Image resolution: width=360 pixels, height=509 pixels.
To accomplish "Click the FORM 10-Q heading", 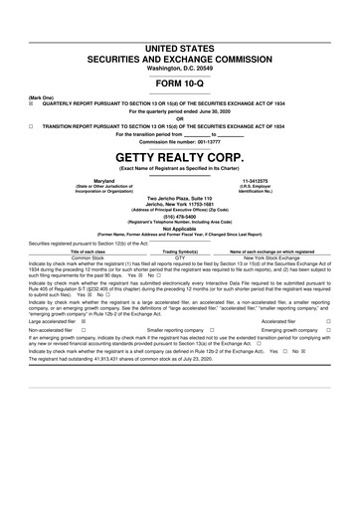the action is coord(179,85).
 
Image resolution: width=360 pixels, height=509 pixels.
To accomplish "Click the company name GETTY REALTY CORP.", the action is coord(179,158).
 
